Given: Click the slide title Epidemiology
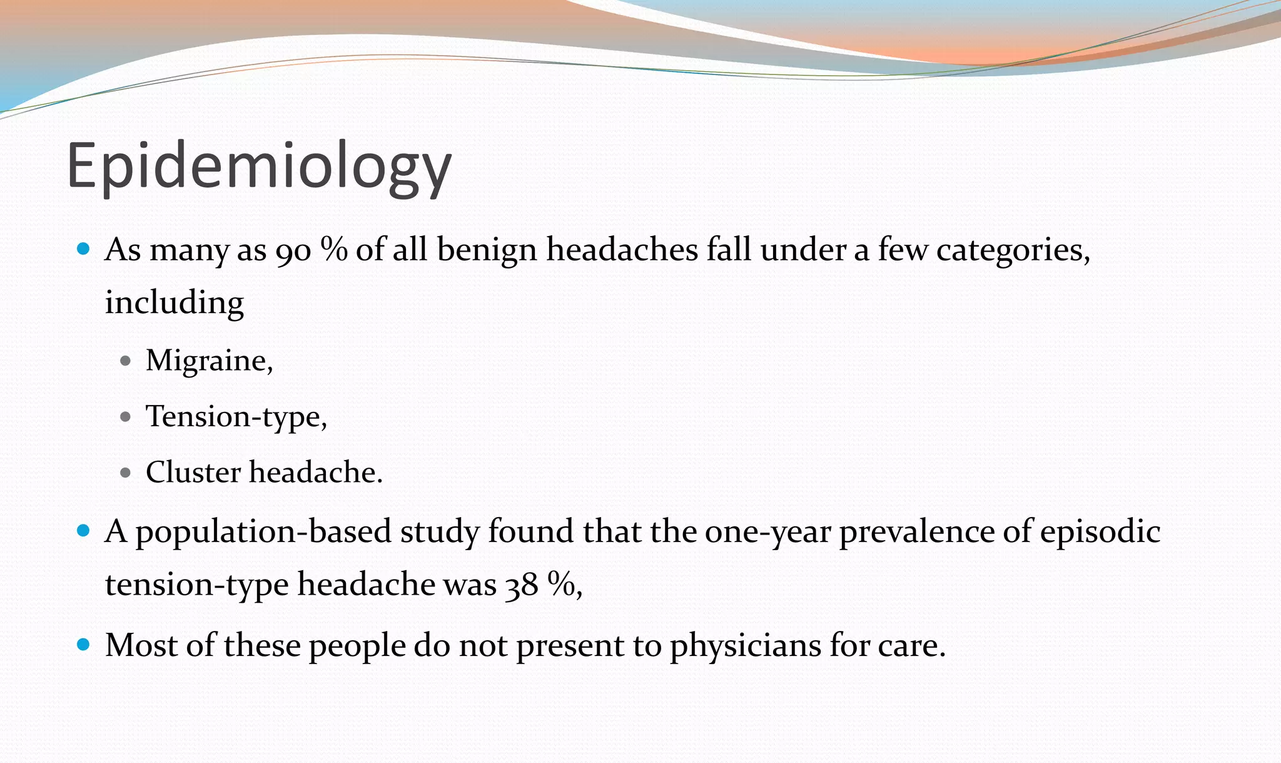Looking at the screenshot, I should click(258, 166).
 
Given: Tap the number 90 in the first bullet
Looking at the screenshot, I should click(293, 250).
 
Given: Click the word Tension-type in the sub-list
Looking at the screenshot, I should click(235, 416).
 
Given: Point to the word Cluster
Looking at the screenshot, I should click(193, 472).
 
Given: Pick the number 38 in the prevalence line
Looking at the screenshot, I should click(521, 585).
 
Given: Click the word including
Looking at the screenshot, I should click(174, 302).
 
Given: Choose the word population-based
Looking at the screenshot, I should click(263, 532).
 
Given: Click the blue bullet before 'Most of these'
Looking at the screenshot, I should click(83, 645).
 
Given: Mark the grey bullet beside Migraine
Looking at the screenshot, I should click(125, 361).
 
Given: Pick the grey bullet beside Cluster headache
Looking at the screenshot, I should click(125, 473).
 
